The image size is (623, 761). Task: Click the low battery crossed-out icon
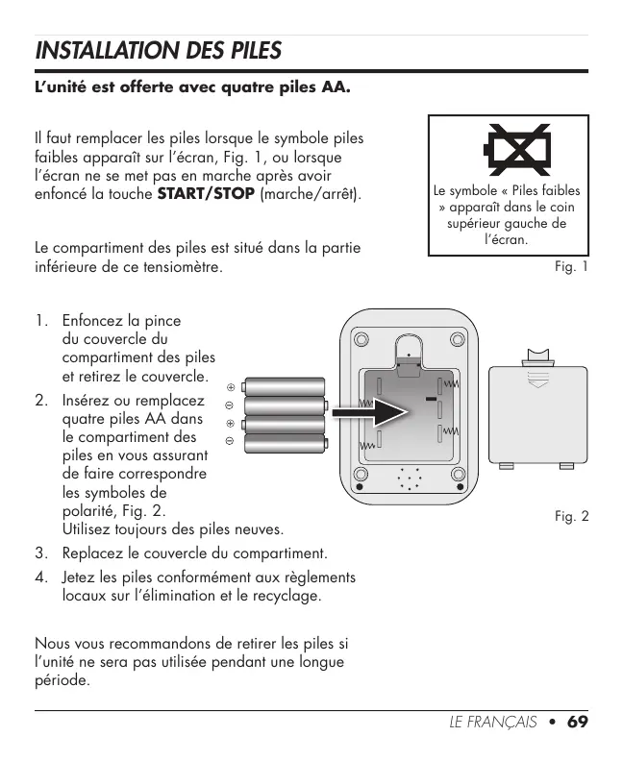pyautogui.click(x=517, y=147)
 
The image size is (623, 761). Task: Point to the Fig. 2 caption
pyautogui.click(x=571, y=517)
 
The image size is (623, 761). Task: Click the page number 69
pyautogui.click(x=577, y=722)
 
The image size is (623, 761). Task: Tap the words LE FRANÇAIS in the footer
pyautogui.click(x=492, y=722)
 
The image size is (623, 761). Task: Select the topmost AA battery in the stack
pyautogui.click(x=285, y=386)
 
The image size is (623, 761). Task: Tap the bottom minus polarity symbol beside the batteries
pyautogui.click(x=231, y=441)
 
